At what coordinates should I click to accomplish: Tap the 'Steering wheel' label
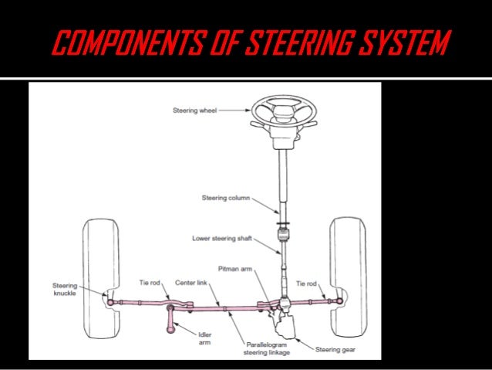tap(194, 110)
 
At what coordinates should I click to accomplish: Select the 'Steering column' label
tap(224, 198)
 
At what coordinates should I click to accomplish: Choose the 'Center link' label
tap(191, 283)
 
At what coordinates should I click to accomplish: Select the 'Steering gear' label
tap(335, 349)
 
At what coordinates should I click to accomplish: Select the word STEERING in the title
tap(306, 43)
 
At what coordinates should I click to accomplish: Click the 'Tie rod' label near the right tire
tap(306, 283)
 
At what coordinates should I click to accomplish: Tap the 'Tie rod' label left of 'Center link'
tap(150, 283)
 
